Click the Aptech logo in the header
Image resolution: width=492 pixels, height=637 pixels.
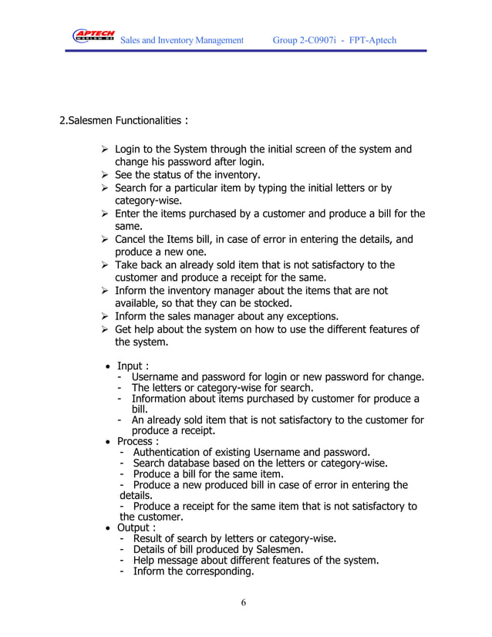pyautogui.click(x=93, y=37)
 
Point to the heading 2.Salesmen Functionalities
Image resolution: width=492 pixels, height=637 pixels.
pyautogui.click(x=124, y=121)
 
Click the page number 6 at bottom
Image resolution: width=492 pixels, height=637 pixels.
pyautogui.click(x=244, y=602)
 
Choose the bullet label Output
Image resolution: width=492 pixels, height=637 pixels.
pyautogui.click(x=136, y=527)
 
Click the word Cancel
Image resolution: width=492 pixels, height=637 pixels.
pyautogui.click(x=133, y=239)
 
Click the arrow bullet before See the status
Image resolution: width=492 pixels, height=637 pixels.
pyautogui.click(x=106, y=174)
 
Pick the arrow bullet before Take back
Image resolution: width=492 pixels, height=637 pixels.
pyautogui.click(x=106, y=265)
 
